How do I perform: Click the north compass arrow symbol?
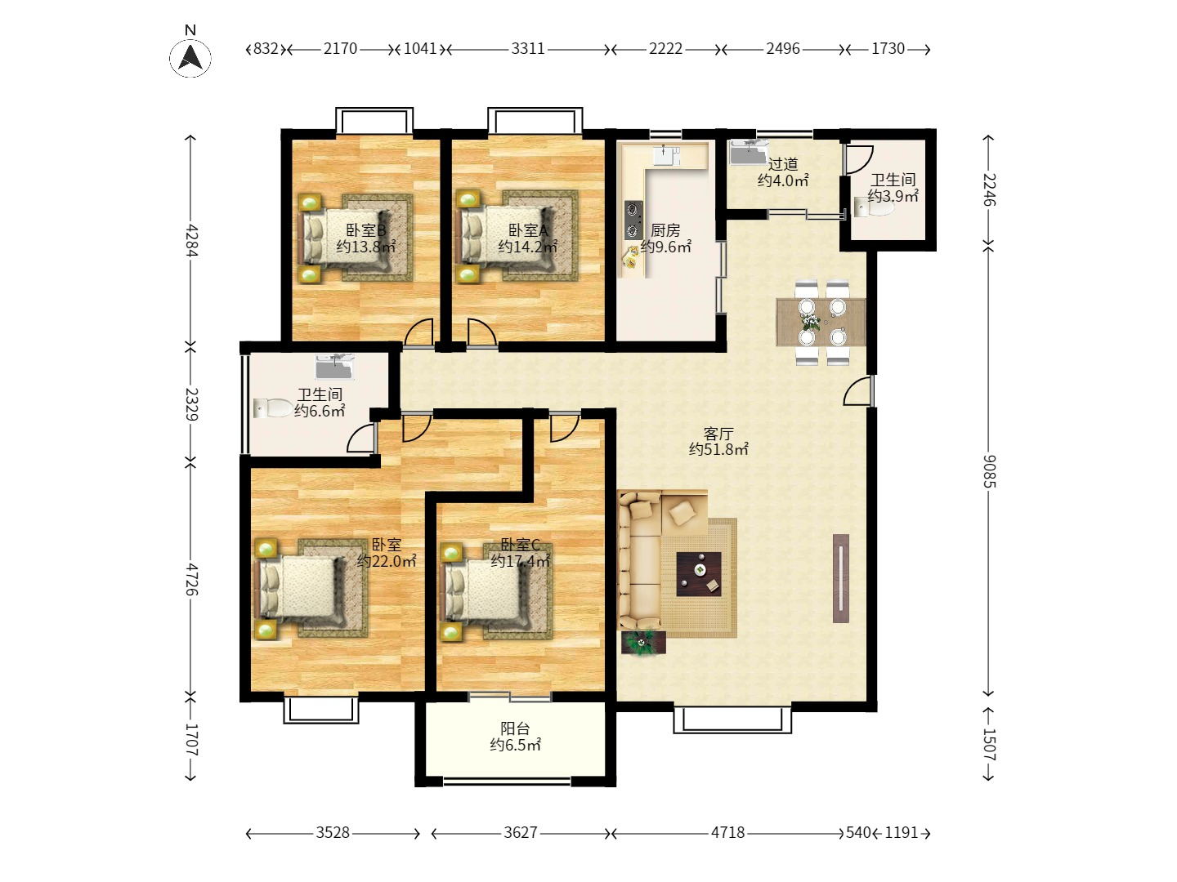pyautogui.click(x=190, y=57)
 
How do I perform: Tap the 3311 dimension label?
pyautogui.click(x=528, y=49)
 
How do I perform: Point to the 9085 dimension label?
pyautogui.click(x=989, y=471)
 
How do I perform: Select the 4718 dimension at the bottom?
pyautogui.click(x=727, y=832)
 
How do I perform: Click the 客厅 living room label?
pyautogui.click(x=718, y=433)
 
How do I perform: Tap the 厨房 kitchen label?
pyautogui.click(x=665, y=230)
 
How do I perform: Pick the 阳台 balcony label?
pyautogui.click(x=515, y=728)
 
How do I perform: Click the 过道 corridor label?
pyautogui.click(x=783, y=164)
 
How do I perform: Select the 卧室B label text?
pyautogui.click(x=365, y=230)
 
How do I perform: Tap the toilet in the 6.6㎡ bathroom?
pyautogui.click(x=273, y=408)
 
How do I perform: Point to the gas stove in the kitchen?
pyautogui.click(x=633, y=220)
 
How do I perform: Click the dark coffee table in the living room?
pyautogui.click(x=699, y=574)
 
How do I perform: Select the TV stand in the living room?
pyautogui.click(x=841, y=578)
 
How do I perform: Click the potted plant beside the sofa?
pyautogui.click(x=643, y=642)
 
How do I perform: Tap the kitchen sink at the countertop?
pyautogui.click(x=666, y=155)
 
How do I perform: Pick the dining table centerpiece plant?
pyautogui.click(x=811, y=322)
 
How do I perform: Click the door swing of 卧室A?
pyautogui.click(x=481, y=332)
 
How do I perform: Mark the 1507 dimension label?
pyautogui.click(x=989, y=745)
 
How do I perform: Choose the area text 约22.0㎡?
pyautogui.click(x=386, y=561)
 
